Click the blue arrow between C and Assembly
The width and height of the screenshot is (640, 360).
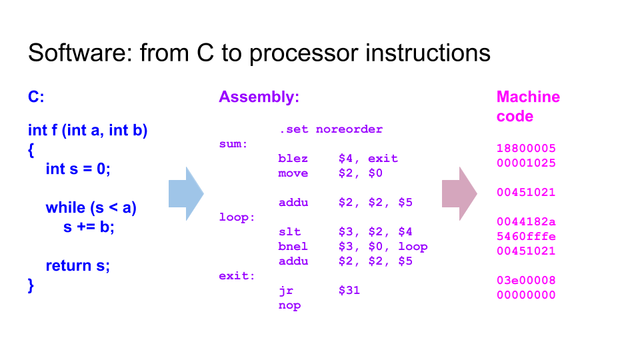[x=186, y=194]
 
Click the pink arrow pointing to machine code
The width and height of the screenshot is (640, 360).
[x=459, y=194]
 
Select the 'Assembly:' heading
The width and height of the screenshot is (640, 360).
[x=259, y=97]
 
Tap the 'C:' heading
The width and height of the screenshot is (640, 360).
[x=36, y=97]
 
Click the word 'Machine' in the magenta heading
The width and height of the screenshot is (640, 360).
[x=528, y=97]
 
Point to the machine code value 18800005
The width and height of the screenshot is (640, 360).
[x=526, y=148]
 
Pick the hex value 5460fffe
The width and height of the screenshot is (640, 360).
[x=526, y=236]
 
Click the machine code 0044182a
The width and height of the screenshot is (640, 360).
[x=526, y=221]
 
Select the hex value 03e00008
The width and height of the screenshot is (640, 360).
[x=526, y=281]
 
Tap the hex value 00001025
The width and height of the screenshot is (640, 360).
[x=526, y=163]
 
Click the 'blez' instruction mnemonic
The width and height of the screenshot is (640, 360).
[x=293, y=159]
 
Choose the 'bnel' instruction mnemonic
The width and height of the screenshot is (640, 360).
[x=293, y=247]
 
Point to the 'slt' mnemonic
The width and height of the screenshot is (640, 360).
[x=289, y=232]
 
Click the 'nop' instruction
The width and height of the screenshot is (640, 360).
[x=289, y=306]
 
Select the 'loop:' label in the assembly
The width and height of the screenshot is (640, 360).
[x=237, y=217]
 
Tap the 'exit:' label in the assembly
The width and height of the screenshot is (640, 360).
[x=237, y=276]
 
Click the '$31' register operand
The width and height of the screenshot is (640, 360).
[x=349, y=290]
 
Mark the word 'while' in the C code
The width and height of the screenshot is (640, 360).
[x=65, y=207]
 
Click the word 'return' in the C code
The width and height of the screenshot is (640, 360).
[x=69, y=266]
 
